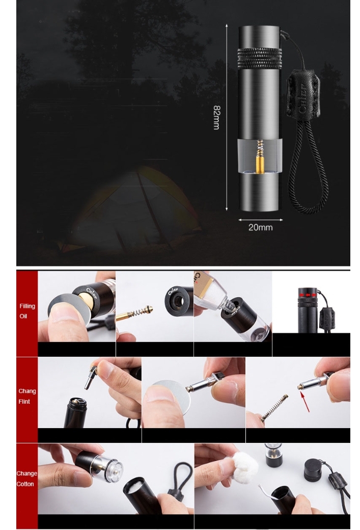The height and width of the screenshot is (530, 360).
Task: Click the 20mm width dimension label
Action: [260, 227]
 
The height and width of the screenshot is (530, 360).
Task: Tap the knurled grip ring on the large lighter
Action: [260, 59]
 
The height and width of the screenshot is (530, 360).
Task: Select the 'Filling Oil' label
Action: [27, 311]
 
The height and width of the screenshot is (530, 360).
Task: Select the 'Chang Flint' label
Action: [26, 396]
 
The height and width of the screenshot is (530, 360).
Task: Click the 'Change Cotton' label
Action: [26, 479]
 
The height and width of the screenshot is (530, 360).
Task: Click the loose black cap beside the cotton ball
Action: [316, 470]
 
